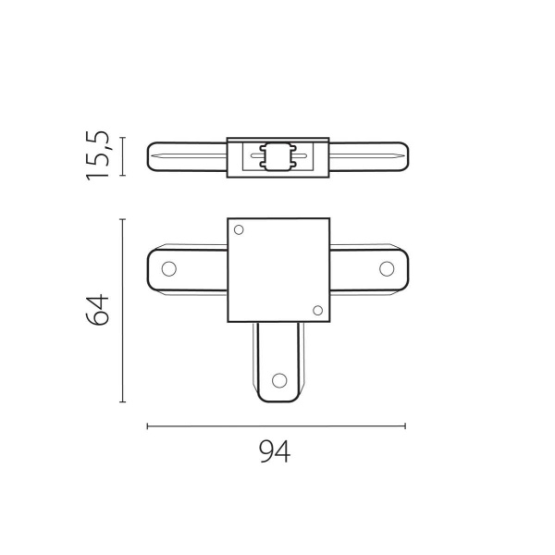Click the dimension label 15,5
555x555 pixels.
pos(100,155)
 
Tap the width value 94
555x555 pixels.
pos(275,453)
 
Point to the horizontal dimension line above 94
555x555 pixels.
pos(276,425)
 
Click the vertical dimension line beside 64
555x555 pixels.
pos(123,310)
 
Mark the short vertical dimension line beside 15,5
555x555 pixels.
pos(123,156)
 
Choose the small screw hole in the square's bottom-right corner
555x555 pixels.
pos(317,310)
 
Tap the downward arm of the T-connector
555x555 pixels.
pos(277,361)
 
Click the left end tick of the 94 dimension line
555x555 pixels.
pos(148,425)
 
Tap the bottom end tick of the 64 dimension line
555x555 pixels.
pos(123,402)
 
